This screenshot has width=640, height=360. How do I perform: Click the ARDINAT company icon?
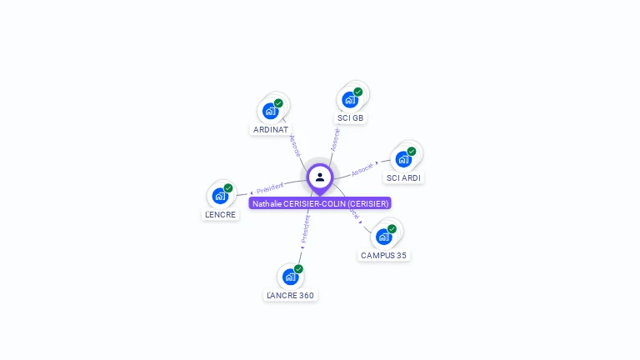click(x=270, y=110)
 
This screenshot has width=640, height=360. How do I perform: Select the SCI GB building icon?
click(x=350, y=99)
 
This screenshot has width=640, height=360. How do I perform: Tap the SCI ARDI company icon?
click(x=403, y=158)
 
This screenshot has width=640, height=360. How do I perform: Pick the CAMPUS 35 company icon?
click(x=383, y=236)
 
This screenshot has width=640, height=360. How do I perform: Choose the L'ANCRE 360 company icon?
click(x=290, y=276)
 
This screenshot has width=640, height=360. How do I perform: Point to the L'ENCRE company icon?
click(x=220, y=195)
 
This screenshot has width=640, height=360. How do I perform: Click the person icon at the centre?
click(x=320, y=177)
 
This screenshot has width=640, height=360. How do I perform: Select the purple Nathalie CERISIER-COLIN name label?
click(x=320, y=203)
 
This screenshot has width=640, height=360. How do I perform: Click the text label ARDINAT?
click(x=271, y=130)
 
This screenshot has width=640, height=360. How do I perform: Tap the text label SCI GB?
click(x=351, y=118)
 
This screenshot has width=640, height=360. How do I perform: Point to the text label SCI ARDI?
click(x=404, y=177)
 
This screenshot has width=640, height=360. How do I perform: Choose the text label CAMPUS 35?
click(x=383, y=255)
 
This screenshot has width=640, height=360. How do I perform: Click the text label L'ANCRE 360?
click(x=290, y=295)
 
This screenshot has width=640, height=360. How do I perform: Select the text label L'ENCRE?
click(x=221, y=214)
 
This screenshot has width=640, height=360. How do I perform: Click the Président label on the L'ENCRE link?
click(x=270, y=188)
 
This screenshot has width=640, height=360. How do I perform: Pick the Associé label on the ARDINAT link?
click(x=295, y=146)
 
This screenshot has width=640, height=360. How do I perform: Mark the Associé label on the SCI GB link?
click(x=335, y=139)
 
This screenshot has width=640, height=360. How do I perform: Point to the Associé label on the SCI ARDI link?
click(x=362, y=169)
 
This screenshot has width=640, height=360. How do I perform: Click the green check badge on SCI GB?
click(x=358, y=92)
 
